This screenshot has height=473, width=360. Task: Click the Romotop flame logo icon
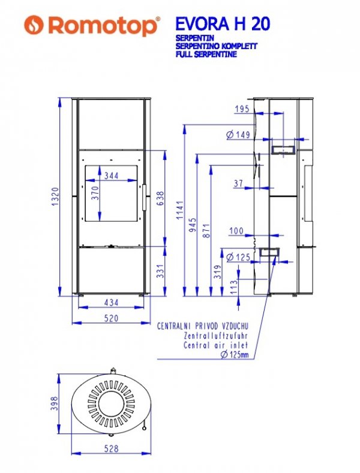coord(34,25)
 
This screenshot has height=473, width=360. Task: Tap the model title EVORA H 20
coord(222,24)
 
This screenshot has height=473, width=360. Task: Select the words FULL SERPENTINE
coord(206,55)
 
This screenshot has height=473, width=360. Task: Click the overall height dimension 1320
coord(55,197)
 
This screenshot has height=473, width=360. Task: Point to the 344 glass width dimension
coord(111,175)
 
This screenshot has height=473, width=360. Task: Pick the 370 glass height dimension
coord(95,193)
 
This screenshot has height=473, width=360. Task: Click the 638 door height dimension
coord(160,198)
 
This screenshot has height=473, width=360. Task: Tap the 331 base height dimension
coord(160,271)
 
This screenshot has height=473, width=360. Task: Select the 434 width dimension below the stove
coord(111,302)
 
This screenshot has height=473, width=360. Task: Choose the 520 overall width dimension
coord(111,318)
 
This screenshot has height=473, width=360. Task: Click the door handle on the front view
coord(145,197)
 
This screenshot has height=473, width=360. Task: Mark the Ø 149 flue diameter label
coord(238,134)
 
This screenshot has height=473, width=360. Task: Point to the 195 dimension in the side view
coord(242,109)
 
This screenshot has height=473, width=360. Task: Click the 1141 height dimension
coord(181,210)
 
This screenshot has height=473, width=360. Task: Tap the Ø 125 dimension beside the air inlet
coord(238,257)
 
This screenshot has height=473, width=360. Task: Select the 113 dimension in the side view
coord(234,287)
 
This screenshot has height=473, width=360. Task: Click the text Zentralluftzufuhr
coord(215,336)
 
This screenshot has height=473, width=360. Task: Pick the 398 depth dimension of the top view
coord(55,403)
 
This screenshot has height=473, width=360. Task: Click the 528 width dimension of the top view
coord(111,448)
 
